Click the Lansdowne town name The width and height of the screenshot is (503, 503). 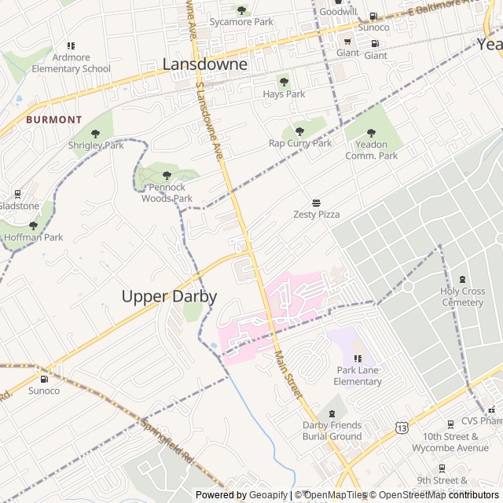[204, 64]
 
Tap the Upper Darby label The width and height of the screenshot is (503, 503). [169, 296]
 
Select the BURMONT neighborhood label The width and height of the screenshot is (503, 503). [53, 119]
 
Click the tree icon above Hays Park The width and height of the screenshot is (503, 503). [284, 82]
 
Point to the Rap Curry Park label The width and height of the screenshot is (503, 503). [300, 143]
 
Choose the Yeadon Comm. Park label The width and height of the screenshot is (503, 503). [372, 150]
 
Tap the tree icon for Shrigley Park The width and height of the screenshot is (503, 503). [96, 134]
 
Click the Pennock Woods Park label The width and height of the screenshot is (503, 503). [167, 193]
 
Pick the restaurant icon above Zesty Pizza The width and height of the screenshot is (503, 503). [317, 202]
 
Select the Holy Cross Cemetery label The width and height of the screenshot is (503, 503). [462, 297]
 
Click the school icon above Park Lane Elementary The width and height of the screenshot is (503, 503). [358, 358]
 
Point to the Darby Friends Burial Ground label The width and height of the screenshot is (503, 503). [332, 431]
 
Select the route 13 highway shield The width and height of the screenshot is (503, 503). [402, 428]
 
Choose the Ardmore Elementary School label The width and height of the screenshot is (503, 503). [72, 63]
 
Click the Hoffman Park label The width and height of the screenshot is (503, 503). [33, 237]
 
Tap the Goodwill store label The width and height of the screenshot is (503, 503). [338, 12]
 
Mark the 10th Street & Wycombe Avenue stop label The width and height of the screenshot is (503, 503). [456, 442]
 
